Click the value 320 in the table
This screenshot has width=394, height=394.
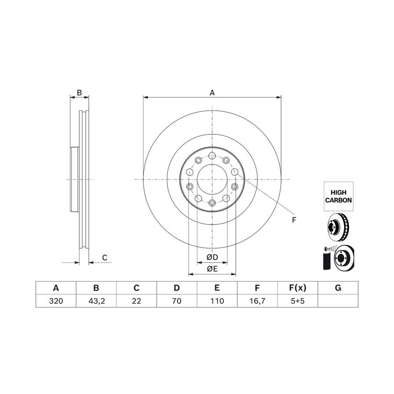click(56, 301)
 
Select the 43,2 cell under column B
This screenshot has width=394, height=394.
click(96, 301)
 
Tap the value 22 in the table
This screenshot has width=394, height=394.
click(137, 301)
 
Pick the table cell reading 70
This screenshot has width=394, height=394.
click(177, 301)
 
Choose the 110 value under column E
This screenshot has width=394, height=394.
click(217, 301)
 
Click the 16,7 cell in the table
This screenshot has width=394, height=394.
click(257, 301)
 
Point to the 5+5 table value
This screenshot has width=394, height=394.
click(298, 301)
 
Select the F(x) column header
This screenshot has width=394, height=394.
click(298, 288)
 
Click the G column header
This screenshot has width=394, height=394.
click(338, 288)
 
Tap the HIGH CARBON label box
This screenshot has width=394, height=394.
click(338, 196)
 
